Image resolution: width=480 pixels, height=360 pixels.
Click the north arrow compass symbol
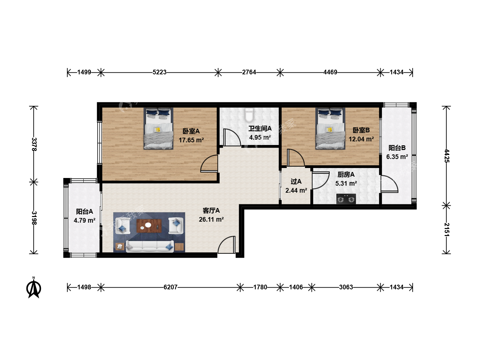click(34, 288)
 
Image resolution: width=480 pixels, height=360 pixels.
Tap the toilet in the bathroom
click(249, 115)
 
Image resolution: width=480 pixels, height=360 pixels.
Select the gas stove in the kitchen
click(346, 199)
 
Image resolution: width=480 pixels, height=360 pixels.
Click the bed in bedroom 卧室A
click(158, 129)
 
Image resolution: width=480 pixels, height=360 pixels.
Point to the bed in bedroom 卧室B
click(330, 129)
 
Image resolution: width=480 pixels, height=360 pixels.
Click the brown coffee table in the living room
click(149, 226)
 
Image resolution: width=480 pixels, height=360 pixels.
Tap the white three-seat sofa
click(150, 246)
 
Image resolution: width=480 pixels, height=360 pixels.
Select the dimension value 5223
click(159, 72)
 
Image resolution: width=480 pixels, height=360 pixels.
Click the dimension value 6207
click(170, 287)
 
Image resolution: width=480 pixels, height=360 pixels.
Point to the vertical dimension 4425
click(447, 156)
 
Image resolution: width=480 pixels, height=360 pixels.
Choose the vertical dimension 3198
click(34, 218)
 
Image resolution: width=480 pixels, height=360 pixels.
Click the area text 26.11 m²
click(211, 219)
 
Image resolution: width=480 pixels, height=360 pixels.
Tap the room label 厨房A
click(346, 174)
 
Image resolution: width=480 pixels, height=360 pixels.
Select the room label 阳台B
click(397, 148)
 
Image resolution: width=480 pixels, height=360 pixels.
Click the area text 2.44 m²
click(296, 190)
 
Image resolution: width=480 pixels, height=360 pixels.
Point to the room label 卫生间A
click(260, 129)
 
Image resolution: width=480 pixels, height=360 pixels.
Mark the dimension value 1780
click(260, 287)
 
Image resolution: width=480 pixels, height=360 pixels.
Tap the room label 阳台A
click(84, 211)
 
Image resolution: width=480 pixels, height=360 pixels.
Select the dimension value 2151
click(447, 230)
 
